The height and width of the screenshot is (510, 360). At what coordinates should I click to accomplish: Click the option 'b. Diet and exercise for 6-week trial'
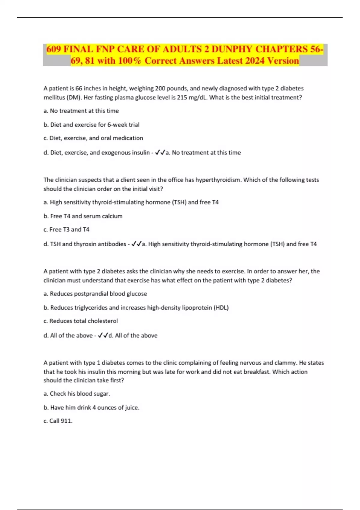(x=91, y=124)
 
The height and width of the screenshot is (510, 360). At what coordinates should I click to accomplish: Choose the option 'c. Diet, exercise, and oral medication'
(x=93, y=138)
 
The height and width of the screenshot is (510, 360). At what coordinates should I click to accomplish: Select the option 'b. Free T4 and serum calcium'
(x=83, y=216)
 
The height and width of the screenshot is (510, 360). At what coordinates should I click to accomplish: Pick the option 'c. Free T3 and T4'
(x=66, y=229)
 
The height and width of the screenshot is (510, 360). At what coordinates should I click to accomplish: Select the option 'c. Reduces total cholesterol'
(x=81, y=321)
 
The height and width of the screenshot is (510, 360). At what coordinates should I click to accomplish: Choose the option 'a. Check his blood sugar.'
(x=77, y=394)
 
